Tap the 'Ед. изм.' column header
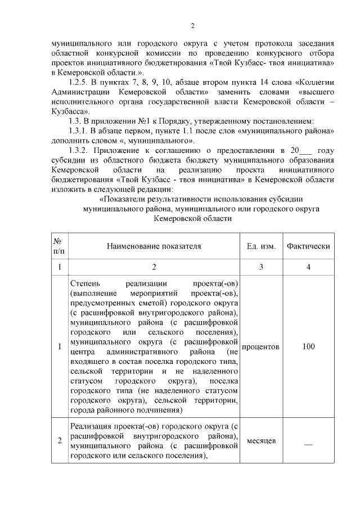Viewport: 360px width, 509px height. pyautogui.click(x=260, y=246)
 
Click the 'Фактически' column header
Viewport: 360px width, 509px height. pyautogui.click(x=308, y=246)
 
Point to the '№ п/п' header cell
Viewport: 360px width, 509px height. pyautogui.click(x=59, y=246)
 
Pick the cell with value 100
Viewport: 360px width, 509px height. pyautogui.click(x=308, y=346)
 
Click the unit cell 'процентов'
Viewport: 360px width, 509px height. pyautogui.click(x=260, y=346)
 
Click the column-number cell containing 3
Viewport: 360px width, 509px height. pyautogui.click(x=260, y=267)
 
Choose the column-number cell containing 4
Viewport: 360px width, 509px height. pyautogui.click(x=308, y=267)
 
